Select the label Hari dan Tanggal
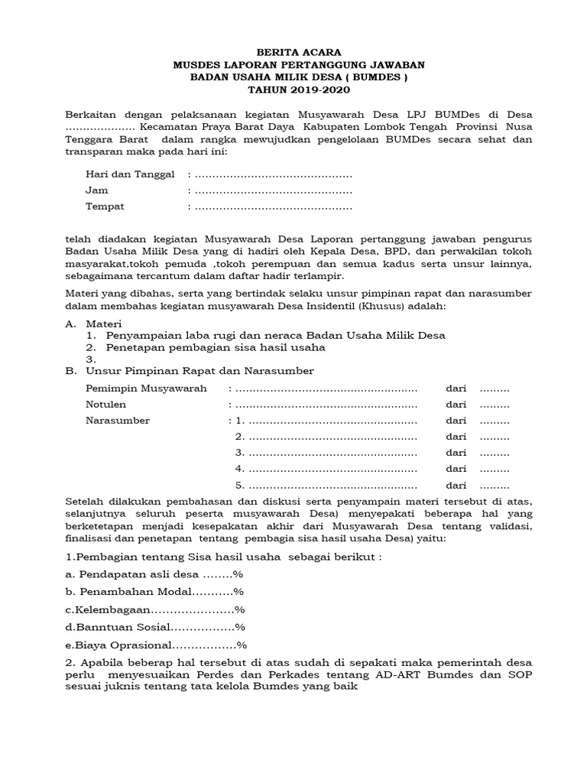pos(131,174)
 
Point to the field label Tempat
pos(105,206)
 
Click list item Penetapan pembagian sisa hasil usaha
pos(216,346)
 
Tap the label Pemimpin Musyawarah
pos(146,388)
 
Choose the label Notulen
pos(106,404)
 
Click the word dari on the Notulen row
pos(456,404)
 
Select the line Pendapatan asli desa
pos(154,574)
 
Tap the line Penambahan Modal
pos(154,592)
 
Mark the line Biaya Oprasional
pos(156,645)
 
